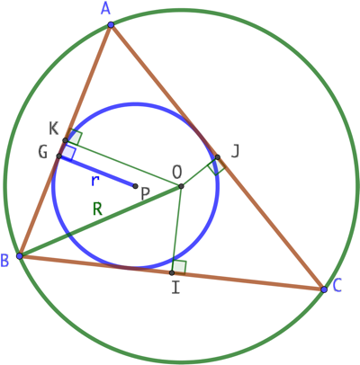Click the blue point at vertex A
click(111, 25)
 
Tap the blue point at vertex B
click(20, 256)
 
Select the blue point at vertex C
click(324, 289)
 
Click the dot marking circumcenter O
click(181, 186)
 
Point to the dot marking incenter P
click(135, 186)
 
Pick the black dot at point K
click(66, 140)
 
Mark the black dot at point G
click(59, 156)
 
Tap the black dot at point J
click(218, 157)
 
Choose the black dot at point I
click(172, 272)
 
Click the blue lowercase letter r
click(95, 181)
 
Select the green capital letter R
click(97, 209)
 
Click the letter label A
click(105, 9)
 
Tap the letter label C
click(337, 285)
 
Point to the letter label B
click(4, 261)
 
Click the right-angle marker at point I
click(179, 267)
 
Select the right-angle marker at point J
click(216, 166)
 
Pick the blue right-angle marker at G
click(67, 153)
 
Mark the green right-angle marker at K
click(75, 137)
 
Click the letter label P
click(145, 194)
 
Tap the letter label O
click(177, 173)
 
